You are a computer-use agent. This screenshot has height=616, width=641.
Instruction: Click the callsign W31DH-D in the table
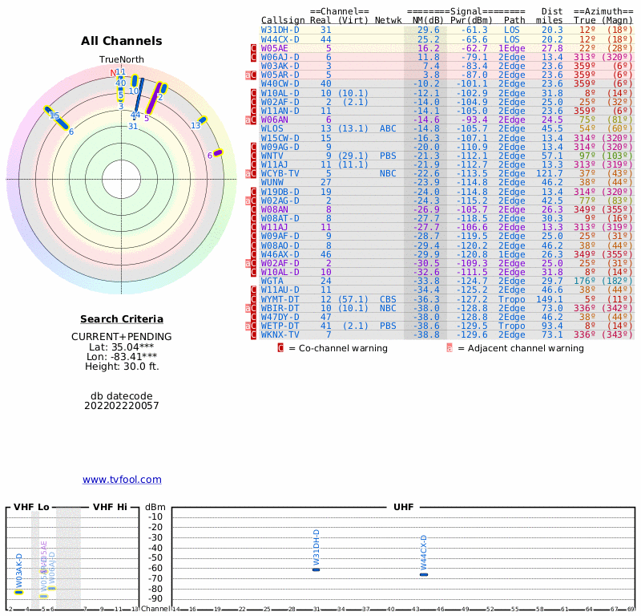[280, 30]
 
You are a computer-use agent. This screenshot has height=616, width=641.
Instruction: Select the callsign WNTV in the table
[272, 155]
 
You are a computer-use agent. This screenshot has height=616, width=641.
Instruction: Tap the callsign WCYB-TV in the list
[280, 172]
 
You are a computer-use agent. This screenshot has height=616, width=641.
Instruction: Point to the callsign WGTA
[272, 281]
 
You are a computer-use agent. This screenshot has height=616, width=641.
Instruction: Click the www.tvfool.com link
[122, 480]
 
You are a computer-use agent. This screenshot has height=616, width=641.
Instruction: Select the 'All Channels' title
[122, 41]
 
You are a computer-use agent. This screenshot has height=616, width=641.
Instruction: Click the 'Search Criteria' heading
[122, 319]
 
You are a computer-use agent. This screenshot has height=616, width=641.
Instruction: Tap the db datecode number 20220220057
[122, 406]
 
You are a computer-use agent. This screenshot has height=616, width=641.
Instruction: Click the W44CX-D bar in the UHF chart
[424, 574]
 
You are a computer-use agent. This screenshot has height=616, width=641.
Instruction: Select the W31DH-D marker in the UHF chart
[316, 569]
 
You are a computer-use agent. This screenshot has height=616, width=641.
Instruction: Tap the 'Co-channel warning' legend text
[337, 348]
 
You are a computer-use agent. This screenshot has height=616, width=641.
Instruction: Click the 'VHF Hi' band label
[110, 507]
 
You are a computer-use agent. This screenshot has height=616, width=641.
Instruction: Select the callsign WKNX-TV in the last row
[280, 334]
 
